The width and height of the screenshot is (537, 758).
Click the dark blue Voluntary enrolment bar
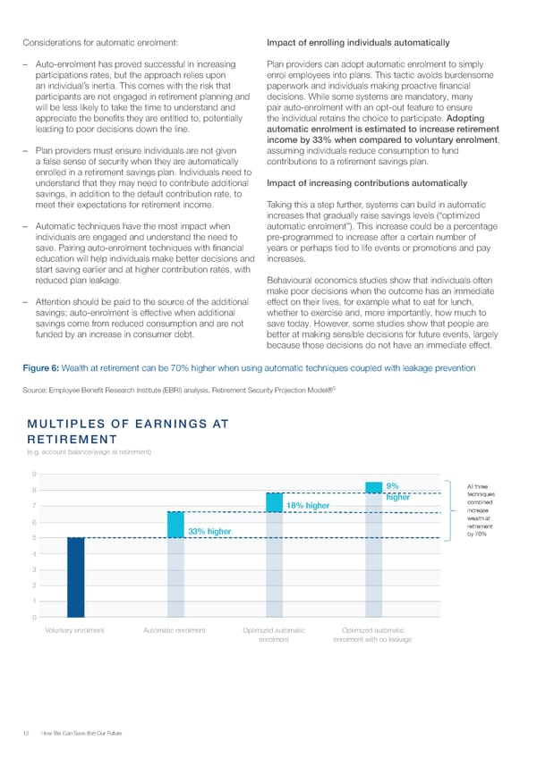(x=75, y=577)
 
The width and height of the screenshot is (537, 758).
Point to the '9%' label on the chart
(x=392, y=486)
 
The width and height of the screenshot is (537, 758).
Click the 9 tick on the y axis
(x=33, y=475)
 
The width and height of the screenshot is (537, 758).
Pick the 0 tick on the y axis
(x=33, y=618)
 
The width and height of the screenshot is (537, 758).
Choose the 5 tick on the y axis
(x=33, y=538)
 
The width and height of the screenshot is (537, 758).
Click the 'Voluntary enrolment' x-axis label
(x=75, y=631)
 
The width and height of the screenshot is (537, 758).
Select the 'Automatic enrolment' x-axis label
(x=175, y=631)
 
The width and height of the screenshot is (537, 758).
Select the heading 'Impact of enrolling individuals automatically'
(x=358, y=43)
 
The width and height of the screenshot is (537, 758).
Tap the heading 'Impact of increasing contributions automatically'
(x=367, y=183)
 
